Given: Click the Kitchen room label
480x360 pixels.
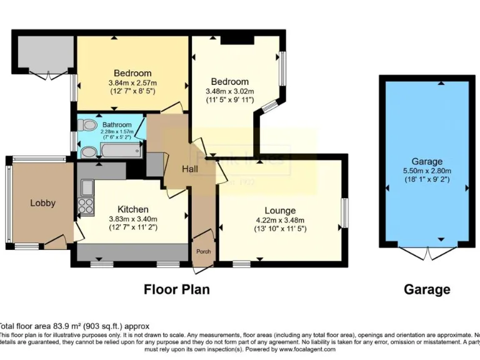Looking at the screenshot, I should pyautogui.click(x=133, y=209).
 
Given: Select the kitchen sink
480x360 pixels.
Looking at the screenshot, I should pyautogui.click(x=86, y=187).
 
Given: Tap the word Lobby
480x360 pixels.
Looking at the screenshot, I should pyautogui.click(x=42, y=202).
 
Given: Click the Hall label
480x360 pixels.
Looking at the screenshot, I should pyautogui.click(x=191, y=169).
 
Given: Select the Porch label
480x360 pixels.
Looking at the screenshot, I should pyautogui.click(x=203, y=252).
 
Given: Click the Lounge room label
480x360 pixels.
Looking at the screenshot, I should pyautogui.click(x=279, y=211).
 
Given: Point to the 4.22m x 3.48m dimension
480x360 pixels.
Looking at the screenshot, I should pyautogui.click(x=279, y=220).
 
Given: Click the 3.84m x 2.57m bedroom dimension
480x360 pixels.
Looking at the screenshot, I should pyautogui.click(x=132, y=82).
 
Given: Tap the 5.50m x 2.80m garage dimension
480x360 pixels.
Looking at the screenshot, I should pyautogui.click(x=427, y=171).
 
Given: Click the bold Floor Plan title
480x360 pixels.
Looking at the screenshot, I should pyautogui.click(x=177, y=289).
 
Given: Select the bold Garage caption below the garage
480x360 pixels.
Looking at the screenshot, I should pyautogui.click(x=427, y=289).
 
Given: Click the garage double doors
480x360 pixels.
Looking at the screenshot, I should pyautogui.click(x=427, y=254).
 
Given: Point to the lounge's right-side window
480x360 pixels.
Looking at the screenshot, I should pyautogui.click(x=344, y=213).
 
